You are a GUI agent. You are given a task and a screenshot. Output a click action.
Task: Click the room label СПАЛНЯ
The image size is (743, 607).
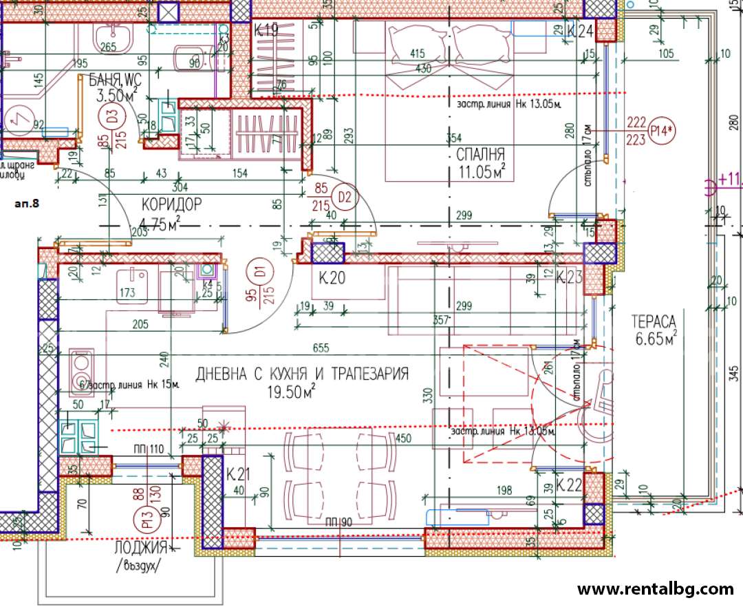point(481,154)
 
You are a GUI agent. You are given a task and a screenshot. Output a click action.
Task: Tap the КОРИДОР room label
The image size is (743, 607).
point(171,204)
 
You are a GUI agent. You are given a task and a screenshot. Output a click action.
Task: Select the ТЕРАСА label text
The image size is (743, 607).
point(654,321)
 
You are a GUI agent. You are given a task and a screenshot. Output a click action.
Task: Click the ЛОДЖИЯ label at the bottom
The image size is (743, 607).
point(141,549)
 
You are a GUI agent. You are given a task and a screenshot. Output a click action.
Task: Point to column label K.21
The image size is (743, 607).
point(237,474)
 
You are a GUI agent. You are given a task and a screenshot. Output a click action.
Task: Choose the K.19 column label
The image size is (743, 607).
point(266,30)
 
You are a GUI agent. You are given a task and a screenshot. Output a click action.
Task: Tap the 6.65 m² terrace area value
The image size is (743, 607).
point(654,339)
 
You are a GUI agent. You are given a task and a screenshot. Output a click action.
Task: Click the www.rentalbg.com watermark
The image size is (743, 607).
point(655,589)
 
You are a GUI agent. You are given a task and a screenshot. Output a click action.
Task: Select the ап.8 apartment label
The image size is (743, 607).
point(27,204)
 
